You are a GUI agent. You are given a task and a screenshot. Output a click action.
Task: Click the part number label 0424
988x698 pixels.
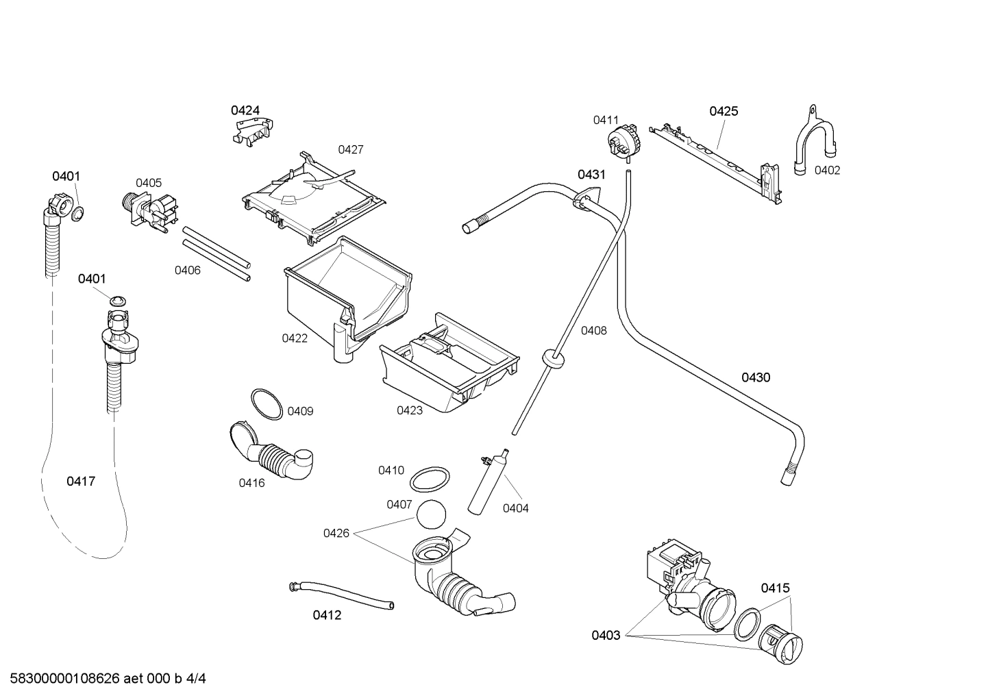245,110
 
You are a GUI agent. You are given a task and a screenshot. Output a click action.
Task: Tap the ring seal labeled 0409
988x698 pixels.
266,403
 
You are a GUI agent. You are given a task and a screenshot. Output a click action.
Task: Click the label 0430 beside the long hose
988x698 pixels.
755,377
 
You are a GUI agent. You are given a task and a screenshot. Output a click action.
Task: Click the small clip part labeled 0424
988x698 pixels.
253,131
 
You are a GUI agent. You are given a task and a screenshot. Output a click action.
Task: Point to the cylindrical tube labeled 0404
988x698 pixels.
489,484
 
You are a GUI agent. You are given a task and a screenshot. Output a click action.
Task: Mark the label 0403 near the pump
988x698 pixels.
606,635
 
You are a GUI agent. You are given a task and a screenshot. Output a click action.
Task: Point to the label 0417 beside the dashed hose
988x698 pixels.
80,482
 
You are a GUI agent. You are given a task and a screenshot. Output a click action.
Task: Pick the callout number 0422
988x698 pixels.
295,338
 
